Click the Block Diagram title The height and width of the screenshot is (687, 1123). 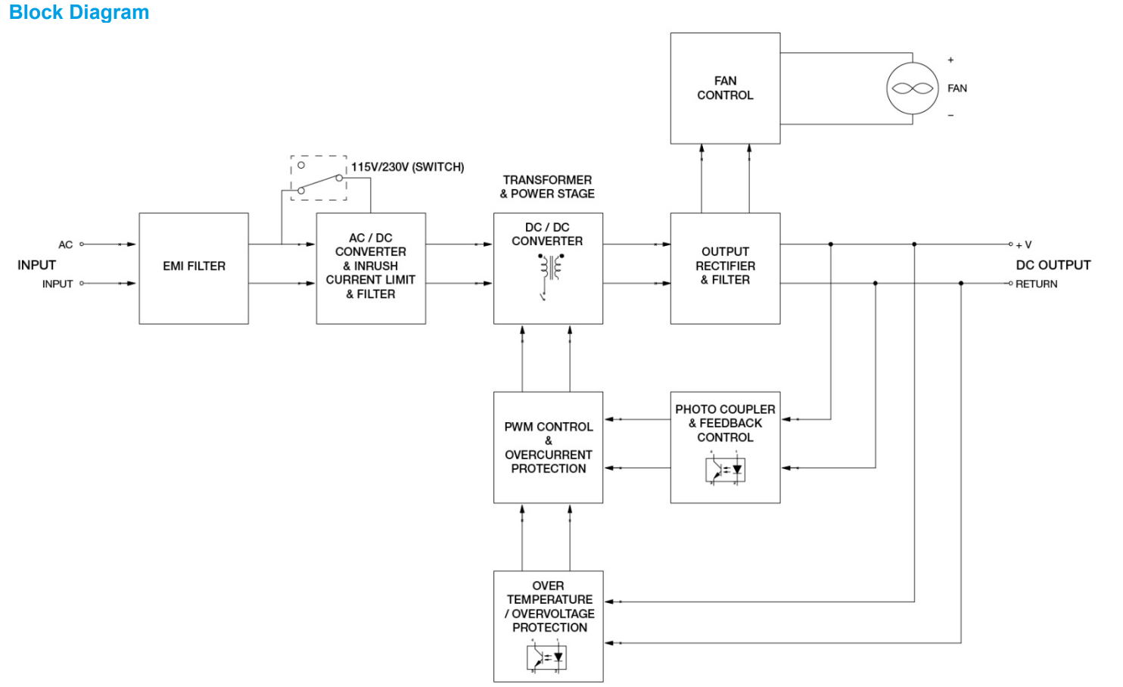pos(79,13)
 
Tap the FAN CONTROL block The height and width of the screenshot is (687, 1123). pos(725,89)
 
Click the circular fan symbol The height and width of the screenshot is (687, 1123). pos(912,89)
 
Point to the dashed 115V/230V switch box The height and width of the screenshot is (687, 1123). pos(319,178)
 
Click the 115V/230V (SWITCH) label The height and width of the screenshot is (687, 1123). pos(407,167)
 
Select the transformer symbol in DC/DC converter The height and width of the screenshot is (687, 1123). pos(550,269)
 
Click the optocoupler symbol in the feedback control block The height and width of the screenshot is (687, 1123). pos(725,469)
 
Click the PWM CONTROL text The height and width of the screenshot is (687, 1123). pos(548,427)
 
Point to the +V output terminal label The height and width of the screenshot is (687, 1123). pos(1024,245)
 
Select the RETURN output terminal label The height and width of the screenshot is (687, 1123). pos(1036,284)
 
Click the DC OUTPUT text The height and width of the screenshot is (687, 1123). pos(1053,265)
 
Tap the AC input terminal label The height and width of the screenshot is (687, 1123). pos(66,244)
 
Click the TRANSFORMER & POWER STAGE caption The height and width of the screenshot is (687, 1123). pos(547,187)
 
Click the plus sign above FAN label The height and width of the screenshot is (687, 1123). pos(950,60)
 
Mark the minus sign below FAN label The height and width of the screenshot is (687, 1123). pos(950,116)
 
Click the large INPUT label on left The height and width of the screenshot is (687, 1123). pos(36,265)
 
